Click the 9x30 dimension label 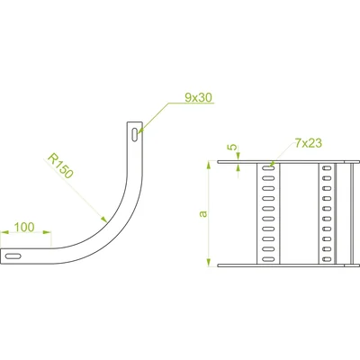(198, 97)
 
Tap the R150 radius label (60, 166)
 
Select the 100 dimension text (24, 227)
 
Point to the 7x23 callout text (309, 143)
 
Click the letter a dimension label (203, 213)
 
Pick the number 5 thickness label (231, 147)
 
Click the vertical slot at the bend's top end (135, 134)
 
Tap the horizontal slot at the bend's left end (13, 256)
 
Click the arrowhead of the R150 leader (103, 219)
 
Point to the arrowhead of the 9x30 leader (140, 130)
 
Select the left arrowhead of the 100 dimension (4, 232)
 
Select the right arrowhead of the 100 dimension (47, 232)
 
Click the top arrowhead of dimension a (209, 165)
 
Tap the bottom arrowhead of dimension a (209, 262)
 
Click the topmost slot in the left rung (268, 168)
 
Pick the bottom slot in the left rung (268, 259)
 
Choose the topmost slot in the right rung (327, 168)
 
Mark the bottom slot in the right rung (327, 259)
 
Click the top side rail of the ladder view (288, 162)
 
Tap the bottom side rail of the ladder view (288, 265)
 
